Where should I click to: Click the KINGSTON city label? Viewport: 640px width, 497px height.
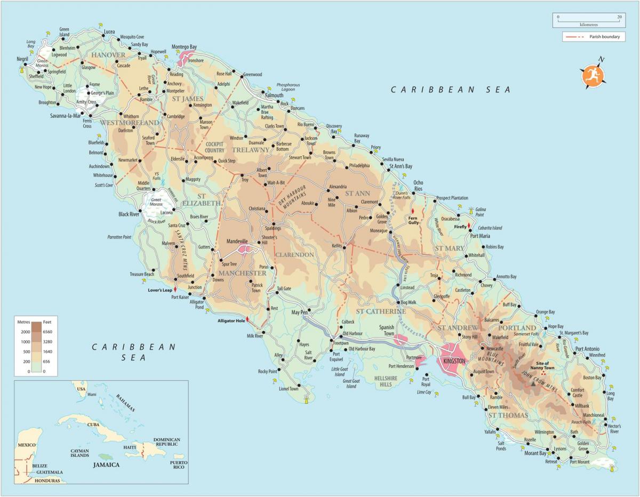(x=451, y=361)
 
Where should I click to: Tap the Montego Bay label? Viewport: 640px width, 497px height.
(x=184, y=47)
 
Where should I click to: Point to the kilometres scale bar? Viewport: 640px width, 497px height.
(x=588, y=21)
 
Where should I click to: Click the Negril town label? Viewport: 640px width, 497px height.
(x=22, y=59)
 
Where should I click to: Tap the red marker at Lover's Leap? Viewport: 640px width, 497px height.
(x=175, y=288)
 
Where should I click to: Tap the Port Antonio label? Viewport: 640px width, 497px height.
(x=587, y=349)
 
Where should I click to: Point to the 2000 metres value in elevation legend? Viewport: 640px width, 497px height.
(x=24, y=331)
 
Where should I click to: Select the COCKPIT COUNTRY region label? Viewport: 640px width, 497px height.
(x=215, y=147)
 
